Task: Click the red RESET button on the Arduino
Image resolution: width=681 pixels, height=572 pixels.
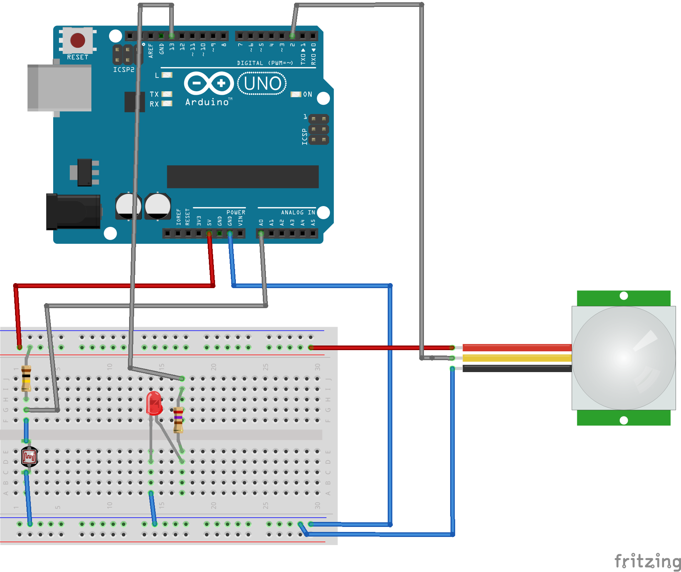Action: (x=77, y=40)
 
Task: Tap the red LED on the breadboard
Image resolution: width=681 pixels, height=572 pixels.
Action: (x=154, y=402)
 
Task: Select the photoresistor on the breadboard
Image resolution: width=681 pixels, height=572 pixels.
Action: (x=29, y=457)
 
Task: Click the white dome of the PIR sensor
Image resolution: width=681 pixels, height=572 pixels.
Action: (x=624, y=358)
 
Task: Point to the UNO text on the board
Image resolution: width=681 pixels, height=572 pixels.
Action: (x=262, y=84)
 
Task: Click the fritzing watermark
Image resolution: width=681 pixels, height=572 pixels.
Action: (x=647, y=561)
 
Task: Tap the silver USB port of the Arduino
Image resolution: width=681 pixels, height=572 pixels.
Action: (x=59, y=88)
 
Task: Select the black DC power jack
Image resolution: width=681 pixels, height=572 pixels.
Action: (x=73, y=211)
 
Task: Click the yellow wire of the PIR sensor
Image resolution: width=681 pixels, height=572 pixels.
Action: (x=516, y=358)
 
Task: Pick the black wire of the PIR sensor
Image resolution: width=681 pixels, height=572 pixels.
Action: (x=516, y=369)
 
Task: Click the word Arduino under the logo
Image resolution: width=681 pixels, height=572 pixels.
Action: (x=207, y=102)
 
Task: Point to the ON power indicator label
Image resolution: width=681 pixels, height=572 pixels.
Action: (x=308, y=94)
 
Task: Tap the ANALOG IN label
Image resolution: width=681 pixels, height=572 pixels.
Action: (x=298, y=212)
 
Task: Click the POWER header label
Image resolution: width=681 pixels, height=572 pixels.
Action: (x=236, y=212)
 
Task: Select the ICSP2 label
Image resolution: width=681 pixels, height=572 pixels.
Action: (x=124, y=70)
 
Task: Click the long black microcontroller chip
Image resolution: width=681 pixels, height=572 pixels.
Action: (x=242, y=177)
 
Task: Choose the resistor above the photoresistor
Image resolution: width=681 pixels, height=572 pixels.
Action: (x=26, y=378)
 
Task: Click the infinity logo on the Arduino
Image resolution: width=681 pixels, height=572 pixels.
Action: (x=209, y=83)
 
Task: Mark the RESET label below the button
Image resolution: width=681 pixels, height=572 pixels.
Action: (x=77, y=57)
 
